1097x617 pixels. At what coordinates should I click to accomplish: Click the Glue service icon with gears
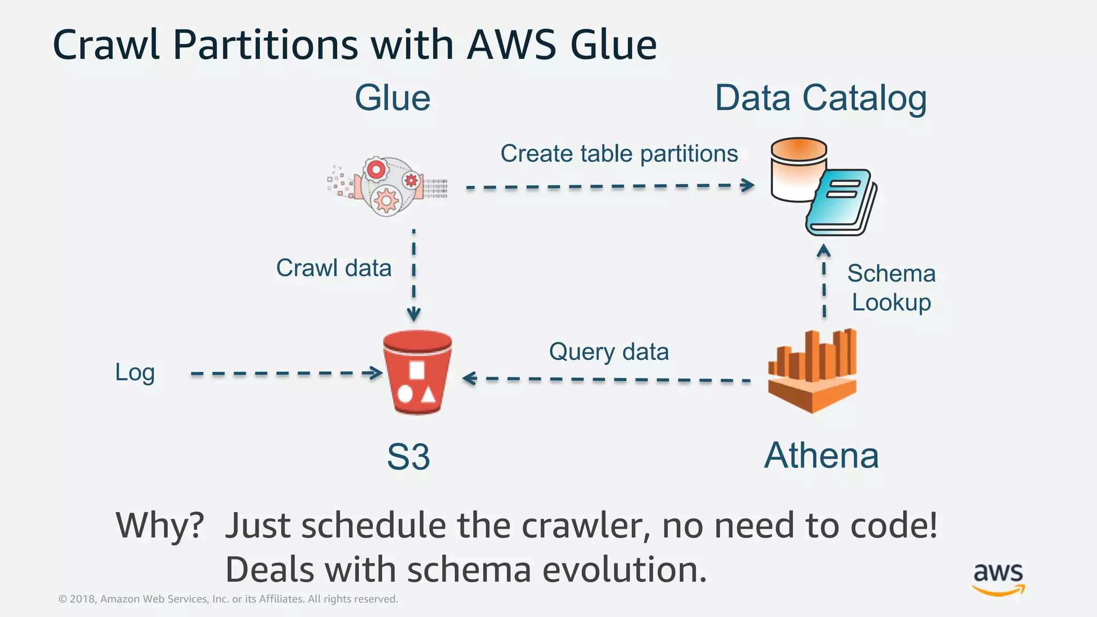coord(387,186)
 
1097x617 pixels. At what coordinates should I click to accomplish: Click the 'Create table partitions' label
coord(619,154)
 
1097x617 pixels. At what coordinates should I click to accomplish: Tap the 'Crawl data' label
coord(334,268)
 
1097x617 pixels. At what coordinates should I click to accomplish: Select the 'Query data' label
coord(609,352)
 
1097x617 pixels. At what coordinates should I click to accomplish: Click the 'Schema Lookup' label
coord(891,288)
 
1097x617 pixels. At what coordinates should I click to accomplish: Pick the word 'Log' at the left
coord(135,372)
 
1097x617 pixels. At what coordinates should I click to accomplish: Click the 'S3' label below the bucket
coord(408,457)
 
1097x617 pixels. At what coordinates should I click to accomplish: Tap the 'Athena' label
coord(821,456)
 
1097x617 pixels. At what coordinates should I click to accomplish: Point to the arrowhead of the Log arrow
coord(377,373)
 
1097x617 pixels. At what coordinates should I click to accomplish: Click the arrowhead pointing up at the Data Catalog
coord(824,250)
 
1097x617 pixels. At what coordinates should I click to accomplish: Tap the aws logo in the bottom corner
coord(998,578)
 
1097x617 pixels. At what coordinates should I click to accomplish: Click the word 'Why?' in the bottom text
coord(160,525)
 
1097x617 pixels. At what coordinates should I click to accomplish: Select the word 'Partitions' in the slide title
coord(265,44)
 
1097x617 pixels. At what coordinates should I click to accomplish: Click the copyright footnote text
coord(228,599)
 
